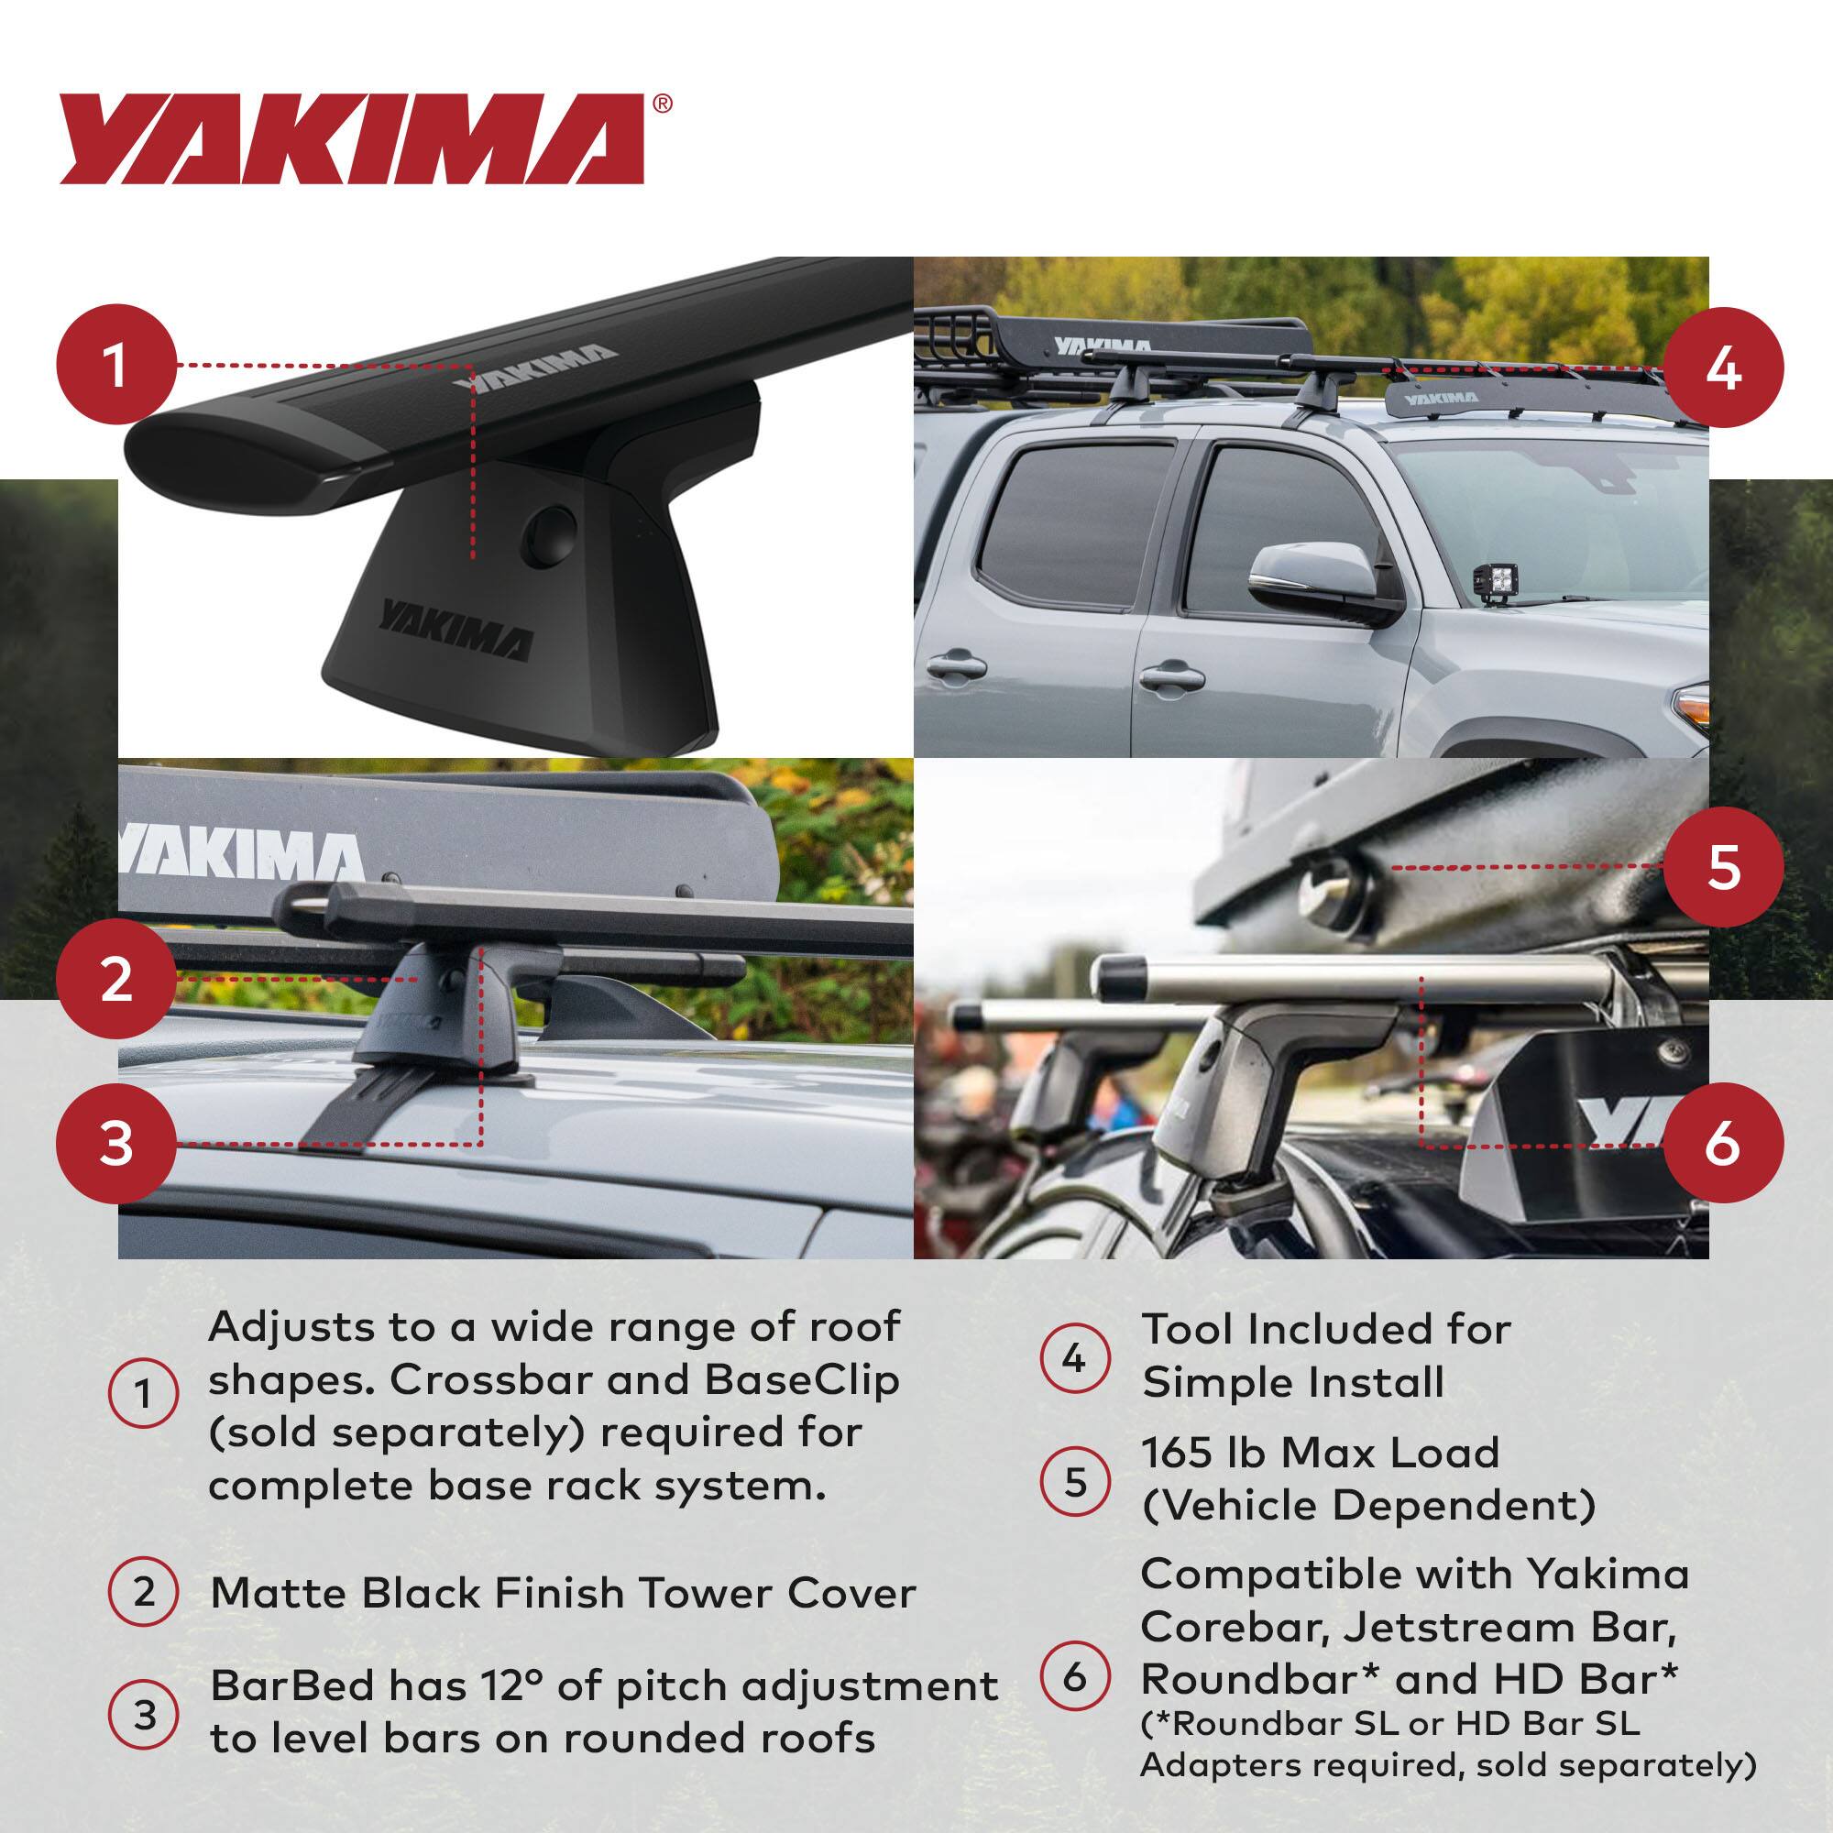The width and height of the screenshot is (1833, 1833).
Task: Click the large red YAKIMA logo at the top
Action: point(351,139)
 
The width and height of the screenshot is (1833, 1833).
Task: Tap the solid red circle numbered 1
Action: point(115,365)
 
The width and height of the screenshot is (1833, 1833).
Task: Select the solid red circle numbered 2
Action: point(115,978)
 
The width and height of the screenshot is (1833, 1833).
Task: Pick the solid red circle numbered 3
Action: point(115,1142)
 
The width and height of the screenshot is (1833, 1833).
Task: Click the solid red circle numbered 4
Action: point(1722,368)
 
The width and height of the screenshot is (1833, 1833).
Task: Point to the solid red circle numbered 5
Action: point(1722,866)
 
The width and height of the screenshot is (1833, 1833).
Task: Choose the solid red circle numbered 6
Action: point(1722,1143)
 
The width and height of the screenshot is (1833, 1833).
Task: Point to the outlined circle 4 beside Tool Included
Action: point(1073,1359)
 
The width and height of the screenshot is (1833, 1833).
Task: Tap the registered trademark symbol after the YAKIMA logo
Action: point(664,104)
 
